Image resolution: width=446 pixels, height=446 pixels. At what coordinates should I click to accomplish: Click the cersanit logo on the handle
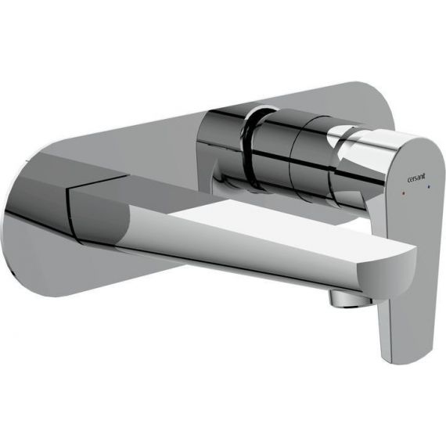[x=416, y=178]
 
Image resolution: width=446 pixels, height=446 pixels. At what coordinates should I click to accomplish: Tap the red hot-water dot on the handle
[x=404, y=192]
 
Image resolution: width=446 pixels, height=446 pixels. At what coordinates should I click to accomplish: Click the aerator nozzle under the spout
[x=349, y=300]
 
